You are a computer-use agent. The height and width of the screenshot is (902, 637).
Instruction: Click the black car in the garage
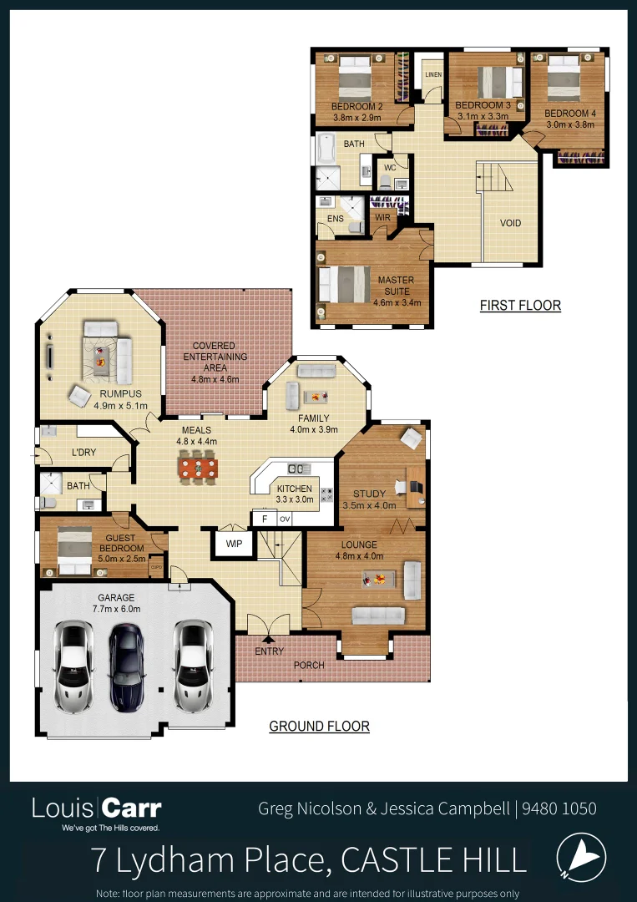(127, 666)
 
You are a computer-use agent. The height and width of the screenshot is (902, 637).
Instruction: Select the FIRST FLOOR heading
(520, 306)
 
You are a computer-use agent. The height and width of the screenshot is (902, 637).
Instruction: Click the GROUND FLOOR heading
(319, 726)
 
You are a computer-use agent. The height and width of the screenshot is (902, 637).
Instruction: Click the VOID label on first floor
(510, 224)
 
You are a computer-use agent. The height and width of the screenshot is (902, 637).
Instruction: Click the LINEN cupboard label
(432, 75)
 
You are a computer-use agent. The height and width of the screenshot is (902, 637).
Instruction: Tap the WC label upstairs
(389, 168)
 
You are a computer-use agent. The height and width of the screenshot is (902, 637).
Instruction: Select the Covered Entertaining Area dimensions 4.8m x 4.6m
(215, 379)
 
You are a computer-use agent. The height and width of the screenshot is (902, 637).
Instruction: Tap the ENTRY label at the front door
(269, 651)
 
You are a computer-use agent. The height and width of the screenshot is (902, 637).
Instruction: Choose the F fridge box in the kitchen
(264, 519)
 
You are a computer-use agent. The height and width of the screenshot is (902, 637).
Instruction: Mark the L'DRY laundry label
(83, 453)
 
